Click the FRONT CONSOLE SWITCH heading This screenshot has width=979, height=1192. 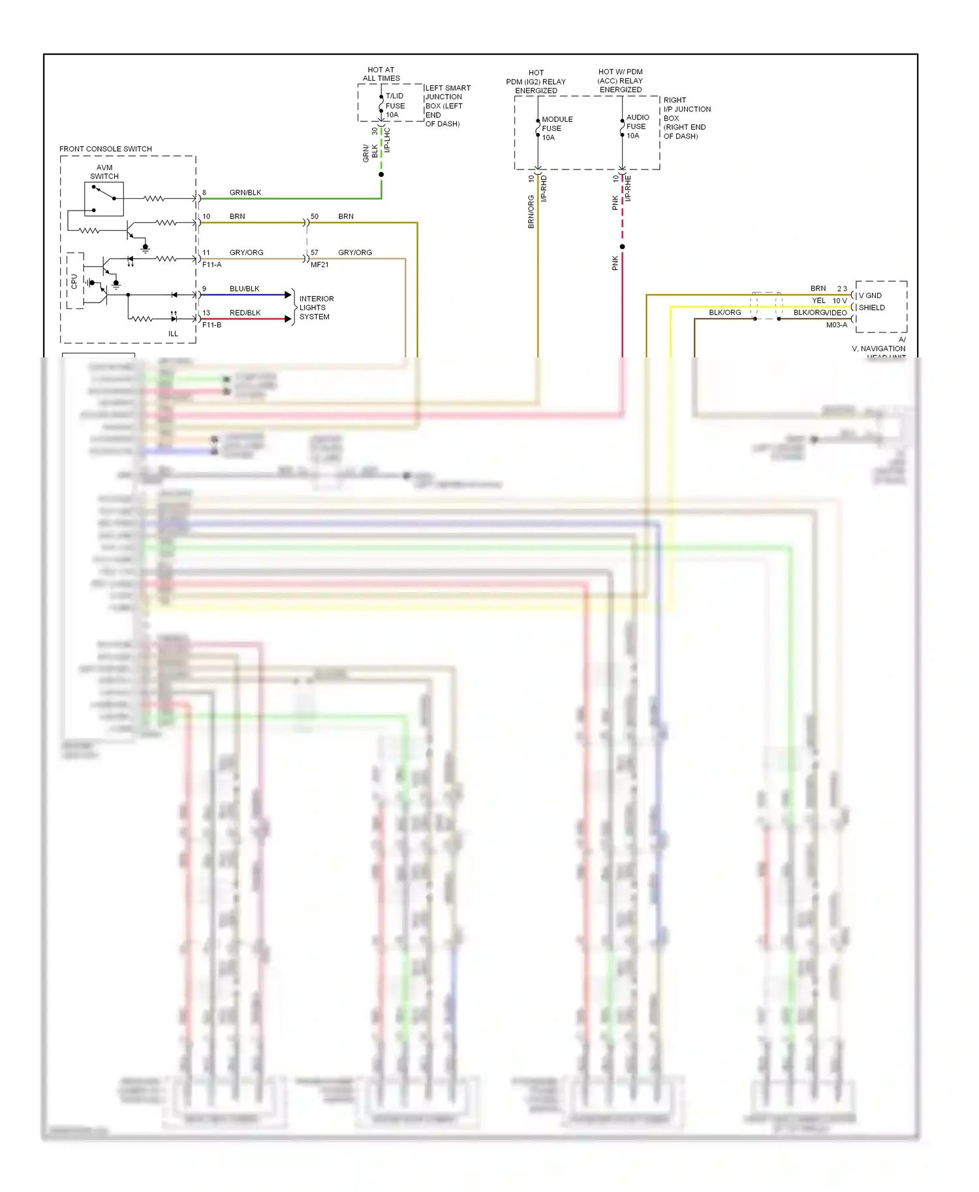[106, 149]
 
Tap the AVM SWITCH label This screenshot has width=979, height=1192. [104, 172]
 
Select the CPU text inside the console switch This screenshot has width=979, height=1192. [74, 282]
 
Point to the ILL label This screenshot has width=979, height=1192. [173, 334]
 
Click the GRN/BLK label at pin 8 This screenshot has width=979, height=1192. [245, 192]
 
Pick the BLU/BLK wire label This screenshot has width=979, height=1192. [244, 289]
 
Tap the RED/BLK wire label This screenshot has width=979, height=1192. [245, 313]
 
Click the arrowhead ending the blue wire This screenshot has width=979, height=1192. [288, 295]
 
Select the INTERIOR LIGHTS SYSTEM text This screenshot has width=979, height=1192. [316, 308]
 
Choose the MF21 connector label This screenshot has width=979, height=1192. [320, 265]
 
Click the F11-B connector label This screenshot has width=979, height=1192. [211, 325]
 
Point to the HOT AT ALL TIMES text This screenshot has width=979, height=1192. [381, 74]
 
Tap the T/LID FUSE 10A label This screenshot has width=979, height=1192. [395, 106]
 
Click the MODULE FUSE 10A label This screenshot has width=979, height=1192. [557, 128]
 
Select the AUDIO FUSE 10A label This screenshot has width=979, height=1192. [638, 127]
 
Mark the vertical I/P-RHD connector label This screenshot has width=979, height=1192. [544, 188]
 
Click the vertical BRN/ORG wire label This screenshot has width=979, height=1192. [531, 211]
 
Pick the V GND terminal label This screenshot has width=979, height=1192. [870, 295]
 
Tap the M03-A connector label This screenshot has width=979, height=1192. [837, 325]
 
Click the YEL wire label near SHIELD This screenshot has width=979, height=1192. [818, 301]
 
